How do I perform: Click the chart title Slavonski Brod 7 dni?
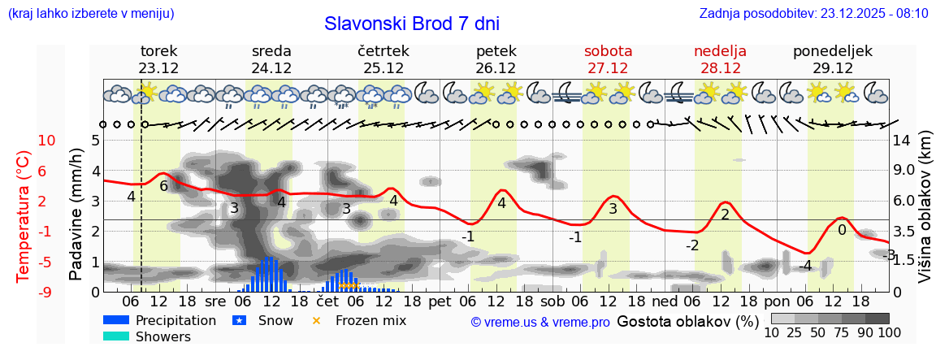[x=412, y=24]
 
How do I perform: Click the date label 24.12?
[x=271, y=68]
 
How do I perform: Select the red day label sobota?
[x=608, y=51]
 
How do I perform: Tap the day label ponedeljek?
[x=832, y=51]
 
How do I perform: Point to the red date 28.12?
[x=720, y=68]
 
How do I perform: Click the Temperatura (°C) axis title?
[x=24, y=215]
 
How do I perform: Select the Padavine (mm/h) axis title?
[x=76, y=214]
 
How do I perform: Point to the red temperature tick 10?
[x=46, y=141]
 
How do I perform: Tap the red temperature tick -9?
[x=46, y=292]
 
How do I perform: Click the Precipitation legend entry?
[x=175, y=320]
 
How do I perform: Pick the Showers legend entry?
[x=162, y=336]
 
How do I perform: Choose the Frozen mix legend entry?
[x=370, y=320]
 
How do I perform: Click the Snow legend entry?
[x=275, y=320]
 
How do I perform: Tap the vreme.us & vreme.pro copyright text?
[x=540, y=322]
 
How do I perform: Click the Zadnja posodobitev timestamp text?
[x=813, y=14]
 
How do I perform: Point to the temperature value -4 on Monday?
[x=805, y=266]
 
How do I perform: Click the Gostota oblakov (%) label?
[x=687, y=320]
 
